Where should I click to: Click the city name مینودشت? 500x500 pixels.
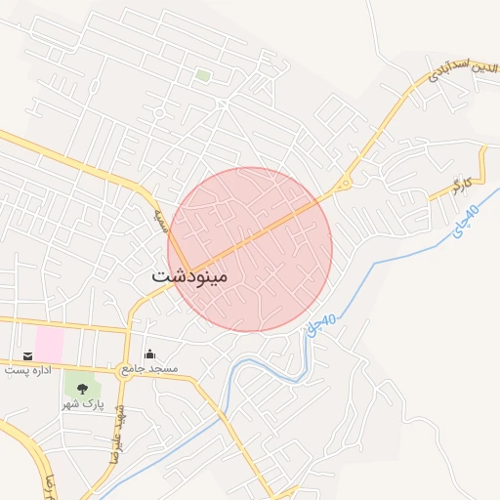click(189, 276)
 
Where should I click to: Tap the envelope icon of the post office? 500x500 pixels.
click(27, 356)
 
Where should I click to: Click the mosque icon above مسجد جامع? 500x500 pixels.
click(148, 354)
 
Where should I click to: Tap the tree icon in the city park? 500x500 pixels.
click(81, 389)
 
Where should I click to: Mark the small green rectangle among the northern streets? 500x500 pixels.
click(202, 74)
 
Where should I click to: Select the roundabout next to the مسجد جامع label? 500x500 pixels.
click(125, 370)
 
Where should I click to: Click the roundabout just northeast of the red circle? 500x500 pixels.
click(344, 184)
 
